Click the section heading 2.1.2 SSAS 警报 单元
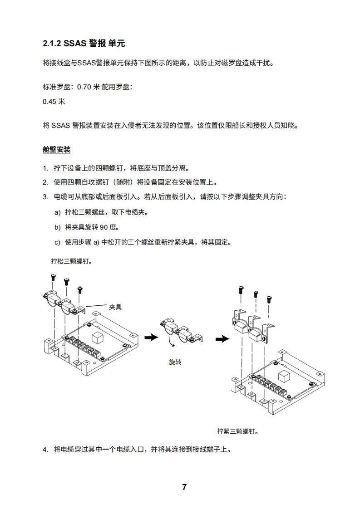84,44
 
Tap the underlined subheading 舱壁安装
56,149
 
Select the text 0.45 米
54,101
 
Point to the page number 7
184,487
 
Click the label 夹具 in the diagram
115,307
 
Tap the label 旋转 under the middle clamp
175,362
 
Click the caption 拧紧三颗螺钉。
237,431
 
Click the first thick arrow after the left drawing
151,337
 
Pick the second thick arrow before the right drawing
222,339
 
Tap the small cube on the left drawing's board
98,337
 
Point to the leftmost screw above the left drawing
53,277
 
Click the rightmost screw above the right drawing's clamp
270,299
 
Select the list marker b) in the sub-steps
57,227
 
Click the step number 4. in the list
45,450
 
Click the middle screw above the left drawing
66,281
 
